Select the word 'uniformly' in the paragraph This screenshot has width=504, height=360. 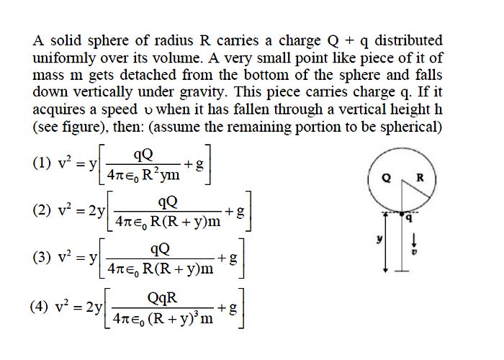coord(64,59)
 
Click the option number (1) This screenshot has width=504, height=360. coord(42,163)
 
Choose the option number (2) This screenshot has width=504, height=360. coord(42,210)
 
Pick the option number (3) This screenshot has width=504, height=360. coord(42,258)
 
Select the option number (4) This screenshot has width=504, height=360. coord(39,306)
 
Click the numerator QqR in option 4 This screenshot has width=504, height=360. coord(162,298)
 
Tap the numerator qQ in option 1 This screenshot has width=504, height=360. coord(143,156)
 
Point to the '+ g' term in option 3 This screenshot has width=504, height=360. coord(228,258)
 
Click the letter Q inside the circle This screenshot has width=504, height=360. coord(387,177)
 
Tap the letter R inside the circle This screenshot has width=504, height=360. coord(420,177)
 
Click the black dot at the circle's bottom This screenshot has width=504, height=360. coord(402,213)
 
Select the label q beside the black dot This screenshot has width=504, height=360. coord(409,218)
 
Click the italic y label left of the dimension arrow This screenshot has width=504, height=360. coord(380,239)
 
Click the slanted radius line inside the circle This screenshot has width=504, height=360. coord(416,189)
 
